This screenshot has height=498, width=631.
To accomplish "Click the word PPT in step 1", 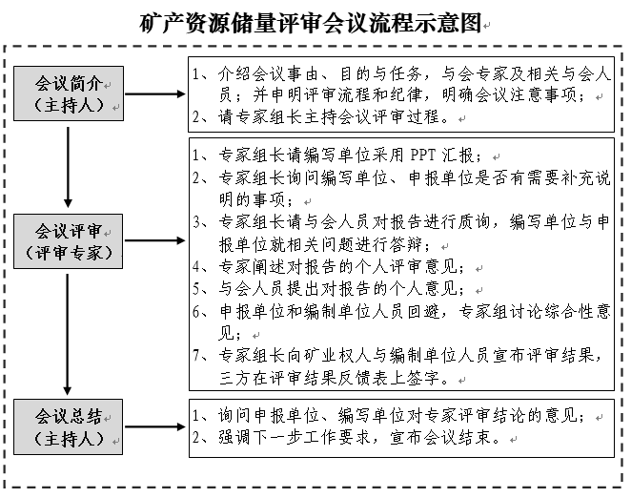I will click(427, 156).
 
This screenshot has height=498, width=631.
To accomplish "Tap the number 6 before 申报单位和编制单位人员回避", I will click(196, 311).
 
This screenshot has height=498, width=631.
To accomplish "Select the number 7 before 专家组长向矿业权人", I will click(196, 356).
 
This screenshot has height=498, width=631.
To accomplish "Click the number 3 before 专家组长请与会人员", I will click(196, 221).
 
